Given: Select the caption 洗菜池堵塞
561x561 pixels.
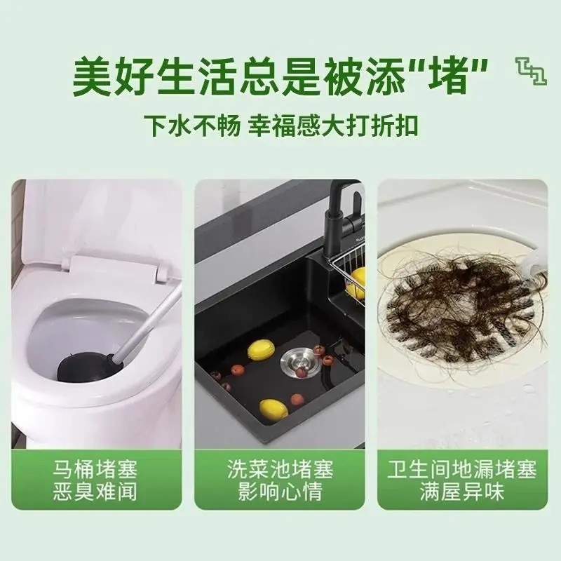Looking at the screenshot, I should [280, 468].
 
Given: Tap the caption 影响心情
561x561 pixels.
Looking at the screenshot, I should [280, 492].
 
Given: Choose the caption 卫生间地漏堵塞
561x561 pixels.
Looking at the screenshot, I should [462, 468].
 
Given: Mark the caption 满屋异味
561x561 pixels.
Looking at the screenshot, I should [462, 492].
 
